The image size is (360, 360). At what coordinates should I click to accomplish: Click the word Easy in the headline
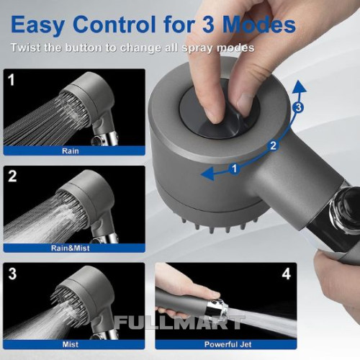tap(37, 25)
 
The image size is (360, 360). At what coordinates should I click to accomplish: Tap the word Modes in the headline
tap(259, 24)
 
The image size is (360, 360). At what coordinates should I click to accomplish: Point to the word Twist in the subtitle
tap(26, 48)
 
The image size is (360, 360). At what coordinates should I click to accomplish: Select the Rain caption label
tap(71, 151)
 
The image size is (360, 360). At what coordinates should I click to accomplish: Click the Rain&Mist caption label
tap(71, 248)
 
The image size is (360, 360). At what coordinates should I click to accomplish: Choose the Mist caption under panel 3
tap(71, 345)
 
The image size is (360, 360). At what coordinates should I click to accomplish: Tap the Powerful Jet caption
tap(228, 345)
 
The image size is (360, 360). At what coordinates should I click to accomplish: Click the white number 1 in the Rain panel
tap(12, 80)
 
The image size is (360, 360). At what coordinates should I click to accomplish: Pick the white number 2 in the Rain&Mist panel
tap(12, 176)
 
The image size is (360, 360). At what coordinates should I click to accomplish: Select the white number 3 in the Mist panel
tap(12, 274)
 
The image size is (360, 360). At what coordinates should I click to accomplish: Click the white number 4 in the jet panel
tap(287, 274)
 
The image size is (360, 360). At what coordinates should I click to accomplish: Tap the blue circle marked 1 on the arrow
tap(235, 168)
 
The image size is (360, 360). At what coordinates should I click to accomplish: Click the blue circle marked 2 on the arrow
tap(273, 145)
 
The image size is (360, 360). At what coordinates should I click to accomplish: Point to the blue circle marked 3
tap(298, 107)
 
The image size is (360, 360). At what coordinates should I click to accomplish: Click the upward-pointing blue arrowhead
tap(299, 86)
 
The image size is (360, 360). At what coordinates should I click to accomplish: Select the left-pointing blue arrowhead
tap(207, 174)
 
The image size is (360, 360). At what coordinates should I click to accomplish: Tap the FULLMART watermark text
tap(179, 323)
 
